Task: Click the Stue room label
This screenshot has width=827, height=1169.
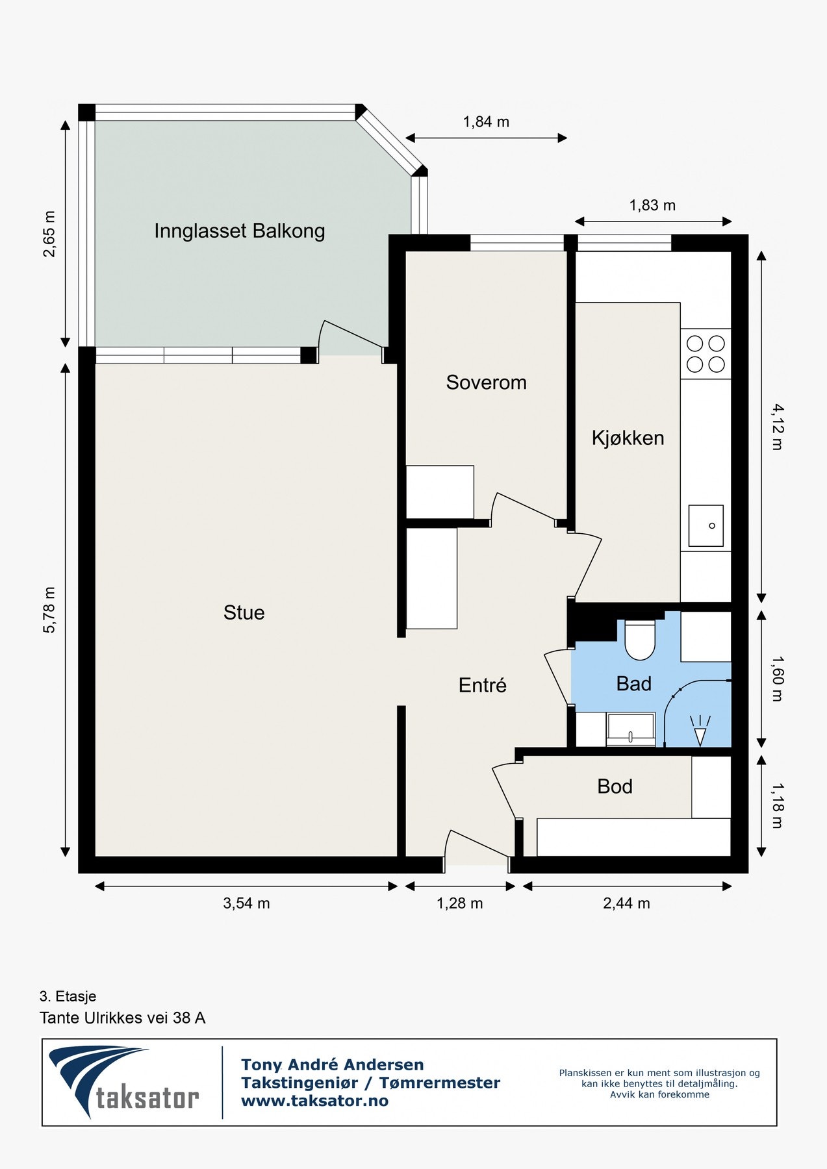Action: click(244, 612)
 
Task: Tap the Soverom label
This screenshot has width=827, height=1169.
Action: click(486, 383)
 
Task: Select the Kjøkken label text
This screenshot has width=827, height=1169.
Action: click(628, 438)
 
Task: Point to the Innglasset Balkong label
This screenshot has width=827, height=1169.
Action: click(240, 231)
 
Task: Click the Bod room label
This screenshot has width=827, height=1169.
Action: click(615, 786)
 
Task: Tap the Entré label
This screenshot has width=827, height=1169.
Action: click(482, 685)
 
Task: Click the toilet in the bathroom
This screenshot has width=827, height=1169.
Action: click(640, 640)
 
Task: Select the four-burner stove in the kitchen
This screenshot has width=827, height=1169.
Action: click(706, 354)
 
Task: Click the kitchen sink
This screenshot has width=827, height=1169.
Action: click(706, 526)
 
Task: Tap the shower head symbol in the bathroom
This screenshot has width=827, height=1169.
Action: click(700, 731)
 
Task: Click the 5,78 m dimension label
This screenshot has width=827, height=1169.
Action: click(49, 610)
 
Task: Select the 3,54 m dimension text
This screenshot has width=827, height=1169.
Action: click(246, 903)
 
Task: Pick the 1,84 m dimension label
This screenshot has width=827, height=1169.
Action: click(486, 122)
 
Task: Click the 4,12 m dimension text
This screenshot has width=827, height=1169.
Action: click(778, 427)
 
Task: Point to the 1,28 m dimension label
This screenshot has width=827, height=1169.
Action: click(459, 903)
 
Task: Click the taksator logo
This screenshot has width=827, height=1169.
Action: click(124, 1082)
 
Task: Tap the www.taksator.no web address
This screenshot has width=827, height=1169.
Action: click(314, 1101)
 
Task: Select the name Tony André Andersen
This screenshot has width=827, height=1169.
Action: click(332, 1064)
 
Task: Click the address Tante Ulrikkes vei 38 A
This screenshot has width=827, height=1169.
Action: click(122, 1018)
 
